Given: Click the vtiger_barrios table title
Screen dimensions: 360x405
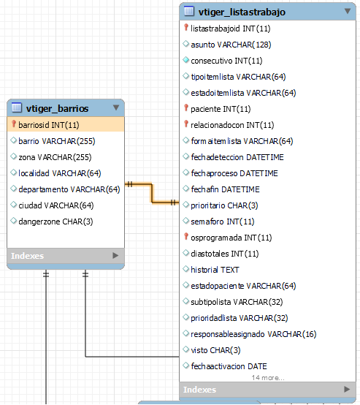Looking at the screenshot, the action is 57,108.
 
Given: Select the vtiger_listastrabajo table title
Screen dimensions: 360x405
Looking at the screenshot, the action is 242,12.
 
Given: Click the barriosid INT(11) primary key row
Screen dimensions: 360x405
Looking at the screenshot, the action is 49,125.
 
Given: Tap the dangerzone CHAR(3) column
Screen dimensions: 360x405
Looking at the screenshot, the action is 55,222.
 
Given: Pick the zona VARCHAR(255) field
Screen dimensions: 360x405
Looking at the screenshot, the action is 55,157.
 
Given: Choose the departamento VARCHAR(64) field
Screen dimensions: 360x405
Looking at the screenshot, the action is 69,189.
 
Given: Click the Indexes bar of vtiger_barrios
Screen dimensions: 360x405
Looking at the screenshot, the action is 66,256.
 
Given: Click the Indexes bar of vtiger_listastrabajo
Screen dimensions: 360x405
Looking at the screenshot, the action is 267,390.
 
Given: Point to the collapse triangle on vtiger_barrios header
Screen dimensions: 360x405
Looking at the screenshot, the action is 116,107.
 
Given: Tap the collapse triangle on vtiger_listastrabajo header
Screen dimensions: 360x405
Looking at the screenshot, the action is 348,11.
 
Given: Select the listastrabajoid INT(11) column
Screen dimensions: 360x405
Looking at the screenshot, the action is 231,29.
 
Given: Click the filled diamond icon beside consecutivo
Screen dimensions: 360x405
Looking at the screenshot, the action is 185,60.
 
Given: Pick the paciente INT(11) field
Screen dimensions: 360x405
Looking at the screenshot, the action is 221,109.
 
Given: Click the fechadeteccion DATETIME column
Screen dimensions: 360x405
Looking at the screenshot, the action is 237,157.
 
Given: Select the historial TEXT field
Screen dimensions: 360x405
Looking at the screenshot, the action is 215,270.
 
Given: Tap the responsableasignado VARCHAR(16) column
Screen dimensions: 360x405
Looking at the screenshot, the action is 253,334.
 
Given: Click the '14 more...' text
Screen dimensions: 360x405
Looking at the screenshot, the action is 268,378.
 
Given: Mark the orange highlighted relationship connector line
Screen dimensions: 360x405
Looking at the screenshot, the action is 152,193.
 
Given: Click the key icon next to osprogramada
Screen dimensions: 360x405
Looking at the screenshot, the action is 185,236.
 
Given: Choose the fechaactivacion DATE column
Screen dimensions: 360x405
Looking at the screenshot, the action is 229,366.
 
